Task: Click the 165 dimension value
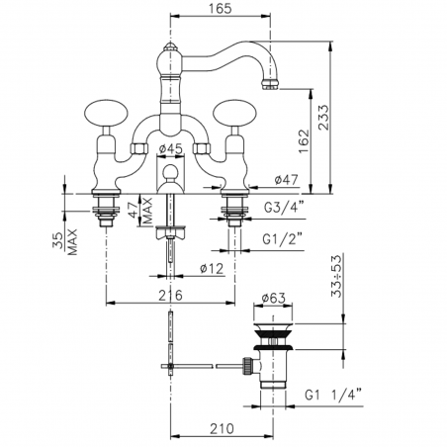221,9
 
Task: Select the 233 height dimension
324,118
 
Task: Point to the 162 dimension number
304,140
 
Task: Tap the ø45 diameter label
170,149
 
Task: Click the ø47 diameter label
286,180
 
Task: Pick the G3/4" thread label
284,208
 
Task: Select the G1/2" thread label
283,239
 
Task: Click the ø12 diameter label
212,269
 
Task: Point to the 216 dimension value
170,296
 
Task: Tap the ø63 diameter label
273,298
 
